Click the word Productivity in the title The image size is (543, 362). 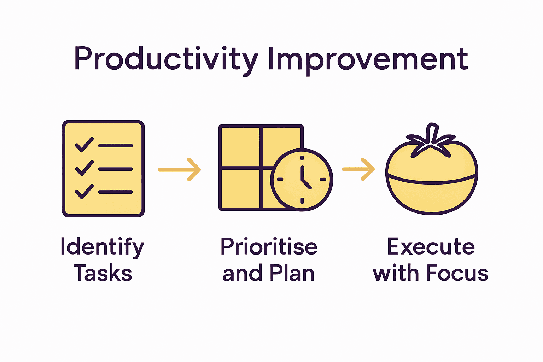166,59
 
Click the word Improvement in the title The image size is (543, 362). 368,59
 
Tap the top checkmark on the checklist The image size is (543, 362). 84,144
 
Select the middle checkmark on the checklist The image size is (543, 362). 84,168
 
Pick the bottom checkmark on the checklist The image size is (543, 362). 84,191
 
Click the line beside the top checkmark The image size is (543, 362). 115,146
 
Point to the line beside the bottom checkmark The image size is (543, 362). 115,192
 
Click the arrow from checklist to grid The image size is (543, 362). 179,170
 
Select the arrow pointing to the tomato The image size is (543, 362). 358,169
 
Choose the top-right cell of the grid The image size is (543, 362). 281,141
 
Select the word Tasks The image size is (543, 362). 103,274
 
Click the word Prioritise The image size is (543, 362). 269,246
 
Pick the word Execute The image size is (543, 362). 431,246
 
